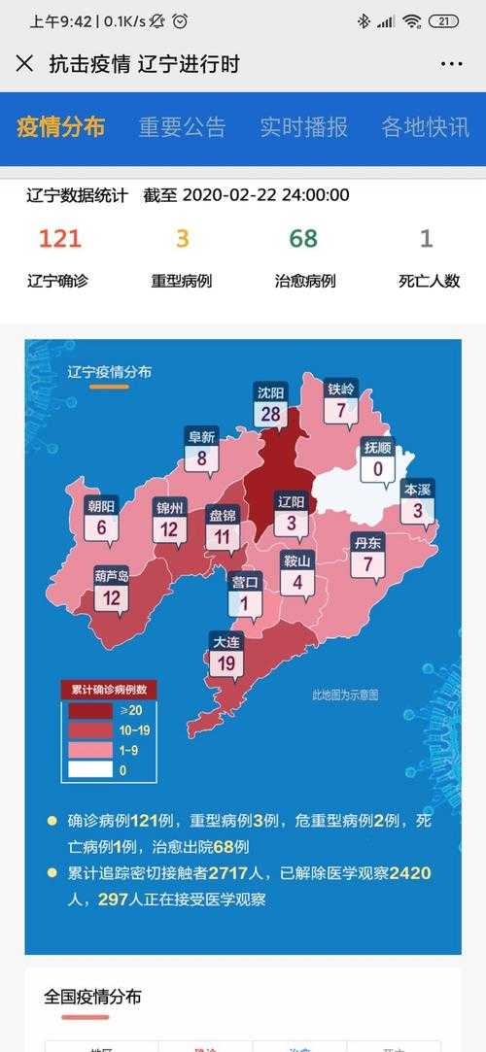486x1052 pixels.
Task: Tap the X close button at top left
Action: [x=24, y=64]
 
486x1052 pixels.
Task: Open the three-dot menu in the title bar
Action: [x=451, y=64]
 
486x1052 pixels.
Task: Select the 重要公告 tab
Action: [x=182, y=127]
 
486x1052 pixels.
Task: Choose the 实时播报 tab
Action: [x=303, y=127]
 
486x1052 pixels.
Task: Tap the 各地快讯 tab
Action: [x=425, y=127]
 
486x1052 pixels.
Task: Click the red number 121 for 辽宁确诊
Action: [x=60, y=239]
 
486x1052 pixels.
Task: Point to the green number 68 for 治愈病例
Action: [x=303, y=239]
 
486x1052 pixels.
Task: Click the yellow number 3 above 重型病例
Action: [x=182, y=239]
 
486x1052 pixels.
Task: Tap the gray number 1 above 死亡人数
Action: [x=426, y=239]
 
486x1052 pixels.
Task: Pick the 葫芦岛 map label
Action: [x=112, y=589]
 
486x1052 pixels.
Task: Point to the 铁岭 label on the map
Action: [x=341, y=400]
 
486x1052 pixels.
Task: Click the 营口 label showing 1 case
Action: [x=245, y=594]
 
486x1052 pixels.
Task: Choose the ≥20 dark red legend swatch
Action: [x=88, y=711]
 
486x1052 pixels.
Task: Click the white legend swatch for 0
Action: [x=88, y=769]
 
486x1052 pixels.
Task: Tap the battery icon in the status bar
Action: [x=443, y=21]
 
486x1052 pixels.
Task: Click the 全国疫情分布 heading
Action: [x=92, y=997]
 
